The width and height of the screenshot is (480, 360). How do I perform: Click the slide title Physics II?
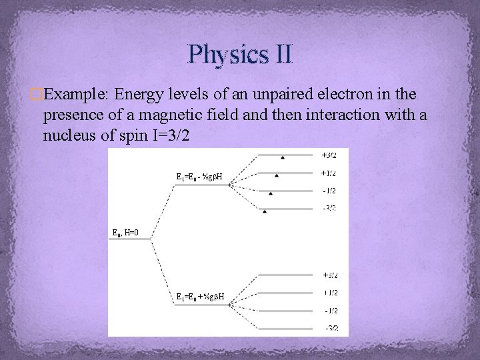pos(240,53)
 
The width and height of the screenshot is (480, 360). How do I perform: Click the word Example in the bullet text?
pos(73,93)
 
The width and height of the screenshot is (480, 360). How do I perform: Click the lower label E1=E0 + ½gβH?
pos(199,297)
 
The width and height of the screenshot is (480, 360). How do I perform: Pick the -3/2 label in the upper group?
pos(329,209)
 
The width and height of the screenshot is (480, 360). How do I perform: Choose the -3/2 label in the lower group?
pos(331,329)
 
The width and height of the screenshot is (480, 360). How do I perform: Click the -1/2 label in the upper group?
pos(329,191)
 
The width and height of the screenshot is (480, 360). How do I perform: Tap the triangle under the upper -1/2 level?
pos(271,193)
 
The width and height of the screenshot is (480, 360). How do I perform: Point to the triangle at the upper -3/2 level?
pos(265,211)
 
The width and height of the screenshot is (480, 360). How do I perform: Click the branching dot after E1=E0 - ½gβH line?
pos(230,185)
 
